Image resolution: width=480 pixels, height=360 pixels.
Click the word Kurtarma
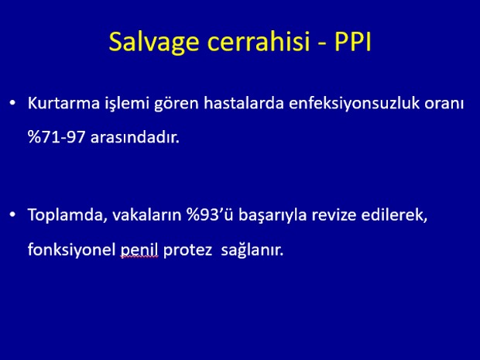click(x=63, y=103)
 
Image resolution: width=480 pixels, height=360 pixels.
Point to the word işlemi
click(x=127, y=105)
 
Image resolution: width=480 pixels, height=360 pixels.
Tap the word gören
click(x=177, y=105)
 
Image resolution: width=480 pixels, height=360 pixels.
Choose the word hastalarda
click(x=244, y=103)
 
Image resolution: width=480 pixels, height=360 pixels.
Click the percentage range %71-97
click(x=57, y=137)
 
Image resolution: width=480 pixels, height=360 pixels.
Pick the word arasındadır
click(x=135, y=137)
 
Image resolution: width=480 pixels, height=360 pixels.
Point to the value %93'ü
click(x=210, y=215)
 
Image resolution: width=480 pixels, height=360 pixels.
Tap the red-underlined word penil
click(x=139, y=250)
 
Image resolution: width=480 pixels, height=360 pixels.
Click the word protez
click(x=187, y=250)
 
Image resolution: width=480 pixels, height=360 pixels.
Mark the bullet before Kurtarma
click(x=12, y=103)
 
